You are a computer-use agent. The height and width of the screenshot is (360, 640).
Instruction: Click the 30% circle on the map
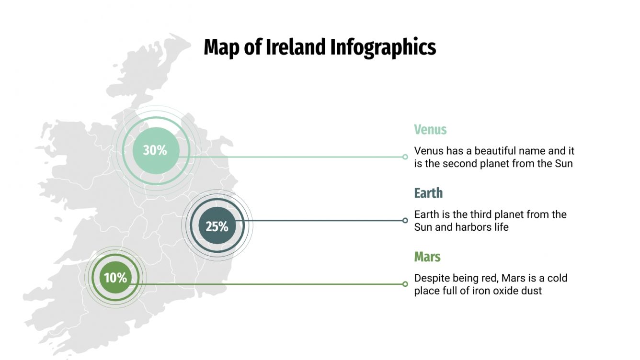(156, 150)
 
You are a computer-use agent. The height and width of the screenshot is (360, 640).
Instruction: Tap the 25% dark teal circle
(217, 226)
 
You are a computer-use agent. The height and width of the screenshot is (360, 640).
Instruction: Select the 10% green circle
(115, 277)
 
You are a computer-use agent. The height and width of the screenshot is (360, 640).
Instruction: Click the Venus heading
(430, 129)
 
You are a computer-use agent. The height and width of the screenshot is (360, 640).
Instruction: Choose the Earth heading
(428, 193)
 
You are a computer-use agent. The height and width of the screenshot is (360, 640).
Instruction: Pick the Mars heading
(427, 257)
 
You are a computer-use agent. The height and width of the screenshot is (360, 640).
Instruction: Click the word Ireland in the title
(296, 47)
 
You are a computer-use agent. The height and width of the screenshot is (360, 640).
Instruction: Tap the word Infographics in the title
(383, 48)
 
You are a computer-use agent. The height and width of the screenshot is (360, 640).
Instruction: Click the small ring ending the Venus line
(405, 157)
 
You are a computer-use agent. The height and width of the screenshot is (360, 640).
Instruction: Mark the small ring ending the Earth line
(405, 220)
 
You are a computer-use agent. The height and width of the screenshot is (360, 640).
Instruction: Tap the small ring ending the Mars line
(405, 284)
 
